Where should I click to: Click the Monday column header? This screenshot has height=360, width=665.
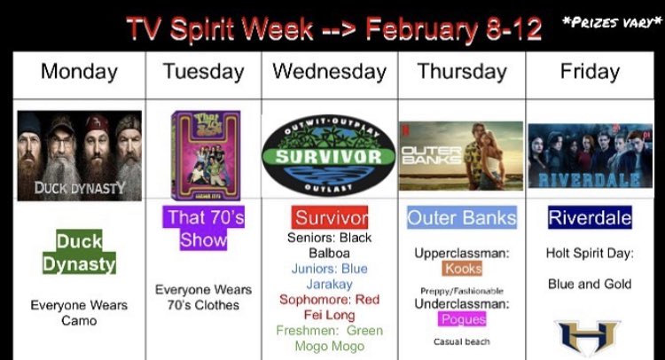(79, 71)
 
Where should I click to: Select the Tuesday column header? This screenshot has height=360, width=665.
(203, 71)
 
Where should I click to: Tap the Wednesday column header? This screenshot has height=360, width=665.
(329, 71)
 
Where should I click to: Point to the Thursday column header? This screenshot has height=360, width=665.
(461, 71)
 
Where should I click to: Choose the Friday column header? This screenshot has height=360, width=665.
(590, 71)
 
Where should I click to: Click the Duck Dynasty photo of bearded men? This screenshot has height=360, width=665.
(79, 155)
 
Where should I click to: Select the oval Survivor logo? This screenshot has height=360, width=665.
(329, 157)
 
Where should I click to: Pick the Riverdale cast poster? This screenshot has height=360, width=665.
(591, 156)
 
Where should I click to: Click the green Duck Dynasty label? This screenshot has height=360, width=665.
(79, 252)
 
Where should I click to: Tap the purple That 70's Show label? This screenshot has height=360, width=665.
(204, 229)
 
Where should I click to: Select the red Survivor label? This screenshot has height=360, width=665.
(330, 218)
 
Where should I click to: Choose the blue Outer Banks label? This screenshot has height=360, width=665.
(461, 218)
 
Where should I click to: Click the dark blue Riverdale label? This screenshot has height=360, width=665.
(590, 218)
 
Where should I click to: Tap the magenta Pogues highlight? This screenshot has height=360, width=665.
(462, 318)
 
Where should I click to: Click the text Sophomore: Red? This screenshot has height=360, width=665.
(329, 300)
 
